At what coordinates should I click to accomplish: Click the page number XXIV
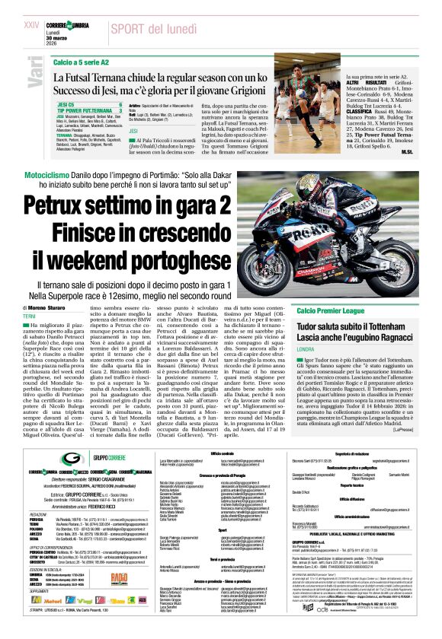tap(31, 24)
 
